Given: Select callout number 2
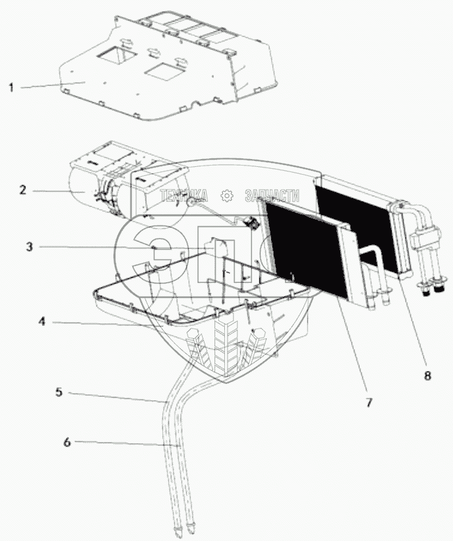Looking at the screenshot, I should [22, 190].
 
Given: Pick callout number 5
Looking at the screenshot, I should [58, 392].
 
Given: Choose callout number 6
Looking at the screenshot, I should [66, 441].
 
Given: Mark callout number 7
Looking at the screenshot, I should [368, 402].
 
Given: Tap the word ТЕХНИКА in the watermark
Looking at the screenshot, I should [183, 195].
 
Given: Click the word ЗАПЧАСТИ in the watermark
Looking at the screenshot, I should [272, 195].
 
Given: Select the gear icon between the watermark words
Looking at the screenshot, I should [226, 195].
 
